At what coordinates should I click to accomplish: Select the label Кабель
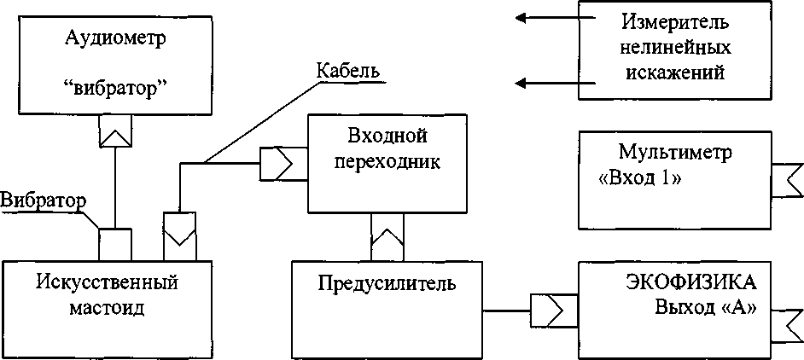pyautogui.click(x=347, y=69)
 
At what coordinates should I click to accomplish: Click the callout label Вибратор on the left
pyautogui.click(x=43, y=201)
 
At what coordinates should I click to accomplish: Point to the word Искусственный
pyautogui.click(x=107, y=281)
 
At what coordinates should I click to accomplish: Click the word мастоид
pyautogui.click(x=107, y=306)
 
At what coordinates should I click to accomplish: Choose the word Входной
pyautogui.click(x=387, y=136)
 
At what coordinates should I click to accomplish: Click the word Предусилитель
pyautogui.click(x=387, y=282)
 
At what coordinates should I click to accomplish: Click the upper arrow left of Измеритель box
pyautogui.click(x=545, y=16)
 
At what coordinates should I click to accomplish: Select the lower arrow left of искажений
pyautogui.click(x=545, y=83)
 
